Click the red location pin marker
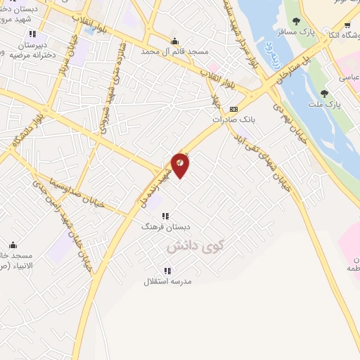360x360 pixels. coord(181,165)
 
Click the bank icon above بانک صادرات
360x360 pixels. coord(234,108)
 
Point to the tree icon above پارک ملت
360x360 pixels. coord(324,94)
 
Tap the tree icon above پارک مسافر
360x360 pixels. coord(296,21)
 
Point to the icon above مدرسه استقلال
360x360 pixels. coord(167,271)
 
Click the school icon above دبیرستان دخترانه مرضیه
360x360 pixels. coord(32,33)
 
